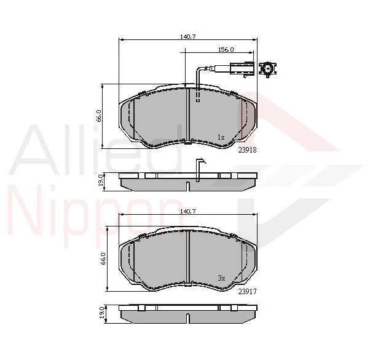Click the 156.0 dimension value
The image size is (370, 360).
pos(226,49)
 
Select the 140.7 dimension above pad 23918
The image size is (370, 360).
pos(187,37)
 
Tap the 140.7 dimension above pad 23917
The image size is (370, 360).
pos(187,211)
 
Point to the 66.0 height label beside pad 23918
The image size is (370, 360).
pos(98,116)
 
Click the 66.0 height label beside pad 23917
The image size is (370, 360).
pos(104,258)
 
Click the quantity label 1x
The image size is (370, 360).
pos(221,136)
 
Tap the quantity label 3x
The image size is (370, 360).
pos(221,278)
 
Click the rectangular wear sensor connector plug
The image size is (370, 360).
pos(238,69)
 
